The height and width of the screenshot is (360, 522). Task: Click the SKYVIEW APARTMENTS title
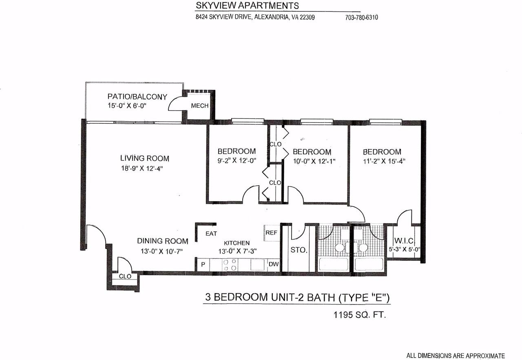[247, 6]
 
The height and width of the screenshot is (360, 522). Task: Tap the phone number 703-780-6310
[361, 18]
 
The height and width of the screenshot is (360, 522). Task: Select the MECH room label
[200, 106]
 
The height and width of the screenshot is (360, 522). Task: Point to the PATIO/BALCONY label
[137, 96]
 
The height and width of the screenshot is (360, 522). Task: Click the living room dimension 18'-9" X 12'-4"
[142, 168]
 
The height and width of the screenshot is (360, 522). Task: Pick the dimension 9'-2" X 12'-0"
[237, 161]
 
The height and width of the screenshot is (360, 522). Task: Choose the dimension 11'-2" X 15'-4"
[384, 161]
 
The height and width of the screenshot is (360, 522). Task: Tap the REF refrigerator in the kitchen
[272, 233]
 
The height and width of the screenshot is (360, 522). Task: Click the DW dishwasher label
[274, 264]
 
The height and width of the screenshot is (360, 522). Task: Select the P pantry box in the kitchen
[203, 264]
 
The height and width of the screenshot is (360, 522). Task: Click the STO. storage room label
[299, 250]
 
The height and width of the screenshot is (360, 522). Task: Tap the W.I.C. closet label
[404, 241]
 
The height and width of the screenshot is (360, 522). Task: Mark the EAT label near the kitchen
[211, 233]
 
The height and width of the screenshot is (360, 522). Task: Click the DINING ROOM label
[163, 241]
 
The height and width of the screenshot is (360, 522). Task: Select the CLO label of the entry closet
[125, 276]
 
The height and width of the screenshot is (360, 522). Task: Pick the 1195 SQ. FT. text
[360, 315]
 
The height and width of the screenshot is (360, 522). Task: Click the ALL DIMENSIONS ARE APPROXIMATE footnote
[456, 356]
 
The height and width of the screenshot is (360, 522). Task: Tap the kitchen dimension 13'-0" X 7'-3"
[237, 251]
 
